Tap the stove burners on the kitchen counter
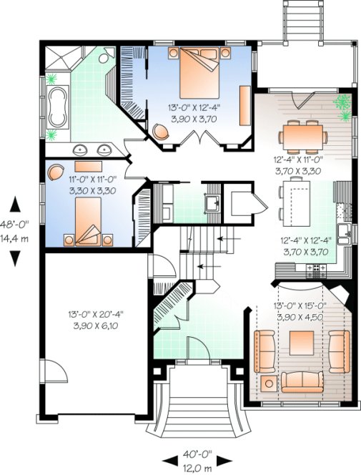point(315,269)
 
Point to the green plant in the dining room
point(344,105)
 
